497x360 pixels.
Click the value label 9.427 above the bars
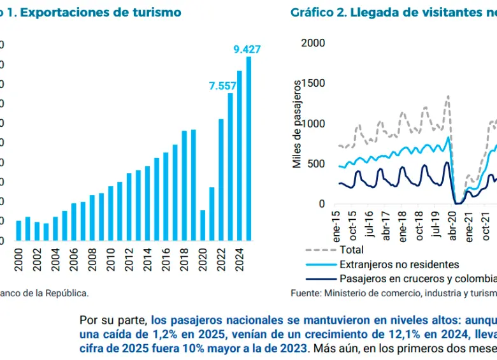(247, 49)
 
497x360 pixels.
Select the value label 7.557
(223, 86)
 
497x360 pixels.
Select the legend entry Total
(352, 250)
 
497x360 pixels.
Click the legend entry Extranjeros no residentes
(399, 264)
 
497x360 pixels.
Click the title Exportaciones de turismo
(96, 13)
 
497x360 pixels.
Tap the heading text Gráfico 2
(319, 13)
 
